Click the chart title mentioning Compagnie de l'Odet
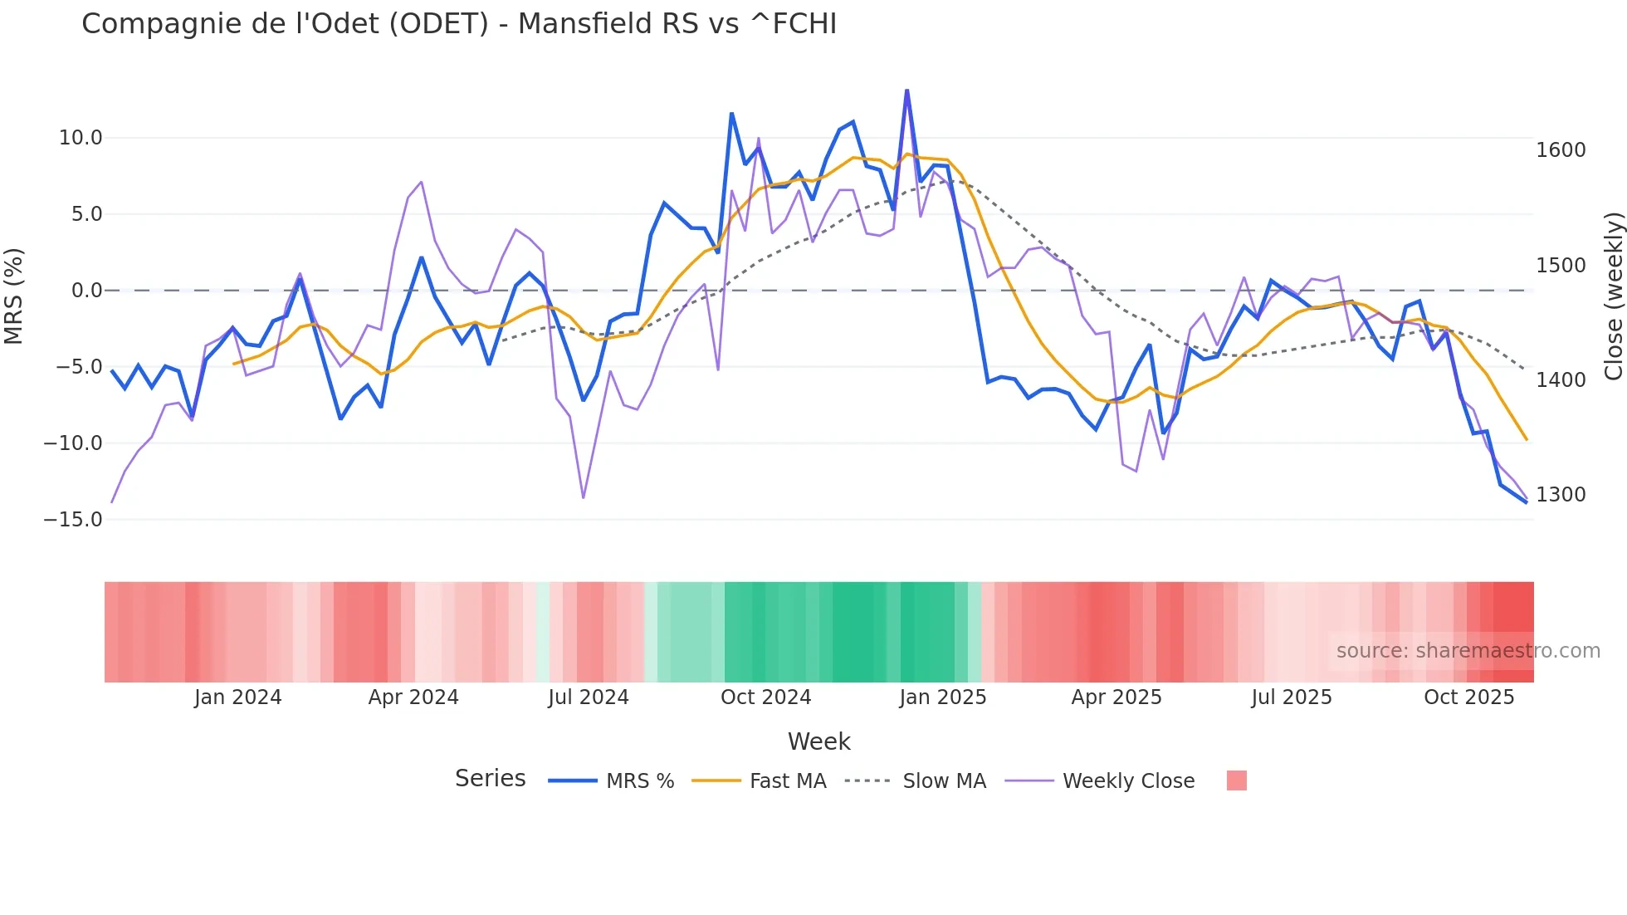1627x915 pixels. (x=459, y=24)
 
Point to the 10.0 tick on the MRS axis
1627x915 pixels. (x=81, y=138)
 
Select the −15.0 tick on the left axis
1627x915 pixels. (x=73, y=520)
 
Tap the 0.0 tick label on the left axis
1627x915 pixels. (x=86, y=291)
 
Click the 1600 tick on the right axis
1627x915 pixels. (x=1561, y=150)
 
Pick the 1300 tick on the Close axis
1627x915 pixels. (x=1561, y=495)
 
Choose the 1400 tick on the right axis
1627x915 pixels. (x=1561, y=380)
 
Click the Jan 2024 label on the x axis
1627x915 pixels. (x=238, y=697)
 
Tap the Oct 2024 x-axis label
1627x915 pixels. (x=765, y=697)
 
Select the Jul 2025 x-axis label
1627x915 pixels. (x=1292, y=697)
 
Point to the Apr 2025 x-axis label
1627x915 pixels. (x=1116, y=697)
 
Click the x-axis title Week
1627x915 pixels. (x=818, y=741)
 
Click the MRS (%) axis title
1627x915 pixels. (x=14, y=296)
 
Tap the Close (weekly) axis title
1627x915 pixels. (x=1613, y=296)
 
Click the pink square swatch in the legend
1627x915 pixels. (x=1237, y=780)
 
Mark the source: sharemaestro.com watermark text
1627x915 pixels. (x=1468, y=651)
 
